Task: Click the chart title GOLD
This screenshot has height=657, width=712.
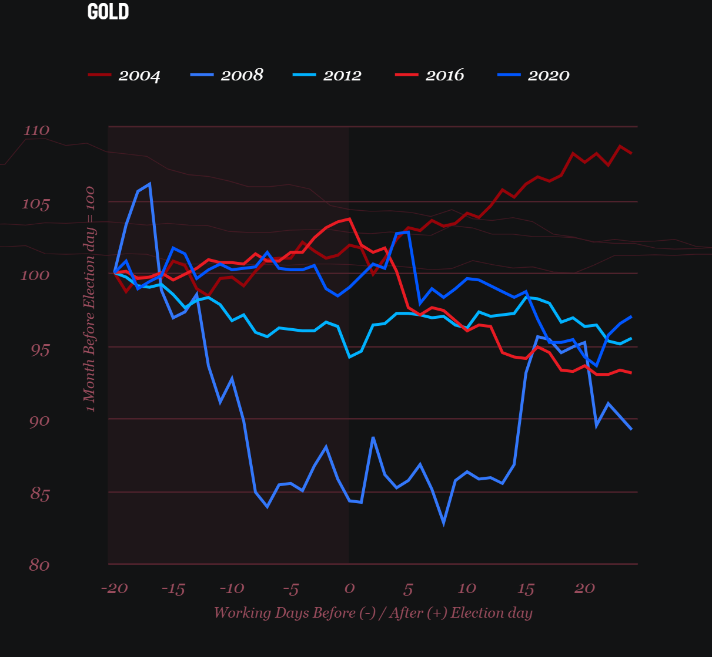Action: click(x=108, y=12)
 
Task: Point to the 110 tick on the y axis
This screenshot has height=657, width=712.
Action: click(x=36, y=130)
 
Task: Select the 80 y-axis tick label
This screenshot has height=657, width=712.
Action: click(x=39, y=565)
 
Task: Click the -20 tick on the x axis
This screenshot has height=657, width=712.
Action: click(x=114, y=588)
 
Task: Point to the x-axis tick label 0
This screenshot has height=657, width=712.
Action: click(x=349, y=588)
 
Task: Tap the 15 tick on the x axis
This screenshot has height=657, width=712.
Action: click(x=526, y=588)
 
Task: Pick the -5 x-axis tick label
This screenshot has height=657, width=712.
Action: click(x=290, y=588)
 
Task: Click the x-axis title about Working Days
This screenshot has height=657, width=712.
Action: click(x=373, y=613)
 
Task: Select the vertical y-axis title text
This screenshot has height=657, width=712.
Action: click(x=89, y=299)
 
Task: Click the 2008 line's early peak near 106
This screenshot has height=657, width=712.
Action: click(x=150, y=184)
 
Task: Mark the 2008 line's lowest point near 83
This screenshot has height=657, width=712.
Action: click(x=444, y=523)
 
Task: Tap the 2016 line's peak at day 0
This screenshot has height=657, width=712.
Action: click(x=350, y=219)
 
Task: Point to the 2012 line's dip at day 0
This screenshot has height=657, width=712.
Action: click(x=350, y=356)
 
